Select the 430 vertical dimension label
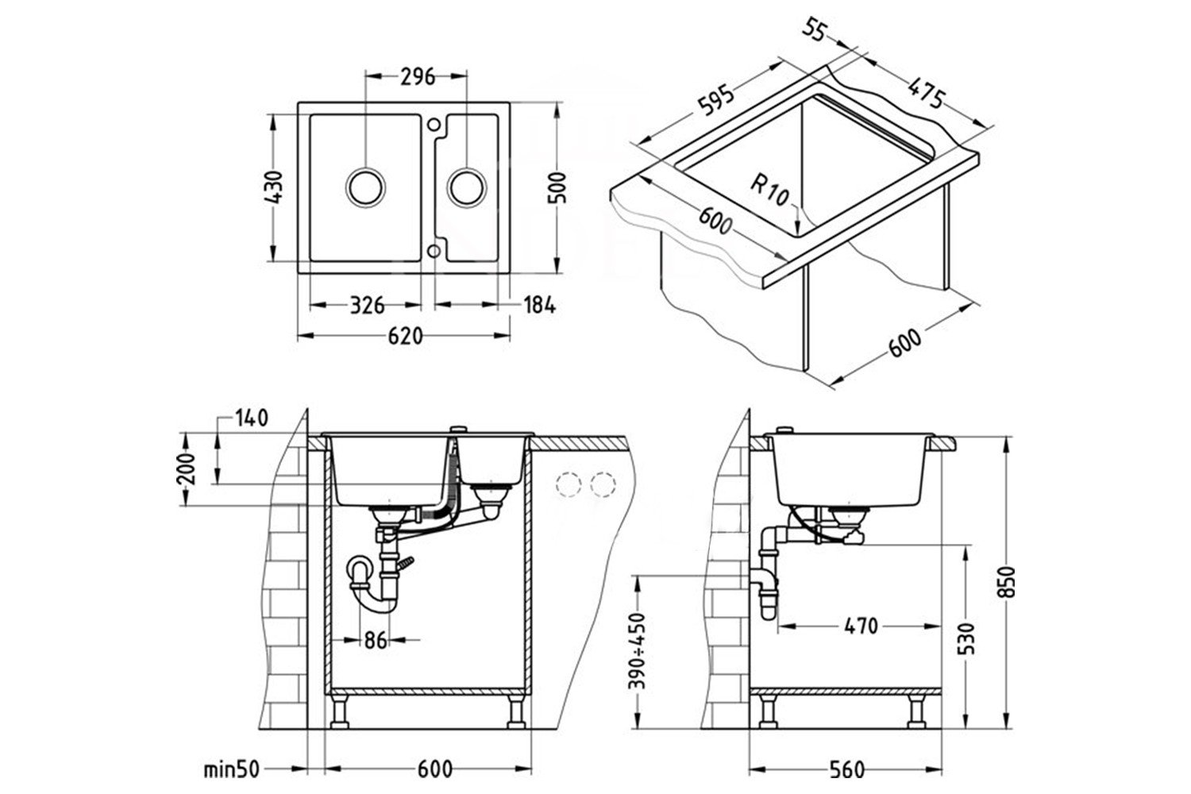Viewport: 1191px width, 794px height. pyautogui.click(x=272, y=187)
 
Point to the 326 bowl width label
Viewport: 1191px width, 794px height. pyautogui.click(x=367, y=305)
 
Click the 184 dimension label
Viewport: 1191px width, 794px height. pyautogui.click(x=539, y=305)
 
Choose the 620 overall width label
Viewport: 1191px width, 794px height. pyautogui.click(x=405, y=337)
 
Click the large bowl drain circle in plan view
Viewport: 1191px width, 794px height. pyautogui.click(x=367, y=187)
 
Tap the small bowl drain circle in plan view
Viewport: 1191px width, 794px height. pyautogui.click(x=466, y=187)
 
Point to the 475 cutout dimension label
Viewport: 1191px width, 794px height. pyautogui.click(x=925, y=89)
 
